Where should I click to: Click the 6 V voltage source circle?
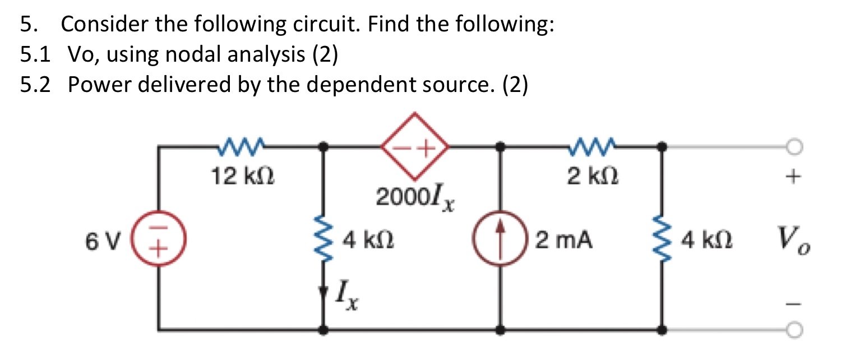pyautogui.click(x=159, y=242)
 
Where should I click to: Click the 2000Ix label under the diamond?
pyautogui.click(x=415, y=199)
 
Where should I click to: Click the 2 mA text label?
pyautogui.click(x=563, y=242)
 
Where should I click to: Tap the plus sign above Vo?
pyautogui.click(x=792, y=178)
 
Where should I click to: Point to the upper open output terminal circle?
pyautogui.click(x=791, y=147)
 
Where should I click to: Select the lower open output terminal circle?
pyautogui.click(x=791, y=330)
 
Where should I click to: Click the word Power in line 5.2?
pyautogui.click(x=101, y=85)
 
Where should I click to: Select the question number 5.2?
pyautogui.click(x=35, y=85)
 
